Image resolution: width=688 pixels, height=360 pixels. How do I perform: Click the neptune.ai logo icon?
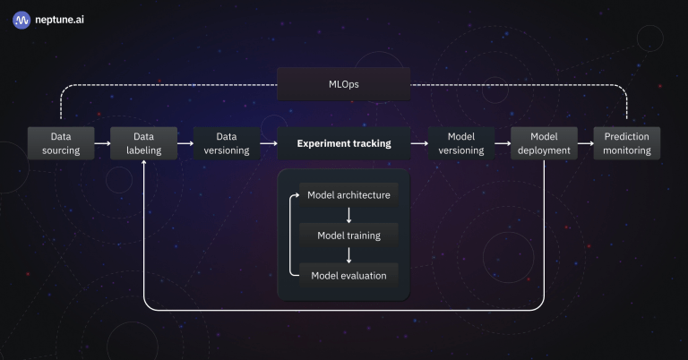21,18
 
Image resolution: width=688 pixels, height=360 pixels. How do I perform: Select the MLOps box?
343,84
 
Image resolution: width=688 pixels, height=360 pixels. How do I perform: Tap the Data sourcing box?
60,143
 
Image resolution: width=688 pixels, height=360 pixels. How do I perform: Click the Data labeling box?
143,143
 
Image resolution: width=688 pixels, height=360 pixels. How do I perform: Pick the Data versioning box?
227,143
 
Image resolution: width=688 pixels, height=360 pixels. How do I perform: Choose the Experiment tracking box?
343,143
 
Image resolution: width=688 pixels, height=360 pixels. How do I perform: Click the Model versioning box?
461,143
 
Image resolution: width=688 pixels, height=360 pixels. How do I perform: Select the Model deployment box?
544,143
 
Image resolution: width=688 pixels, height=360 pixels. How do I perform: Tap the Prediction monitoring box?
627,143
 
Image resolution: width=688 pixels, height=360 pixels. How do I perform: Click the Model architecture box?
348,195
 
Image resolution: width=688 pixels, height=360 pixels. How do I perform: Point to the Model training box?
348,236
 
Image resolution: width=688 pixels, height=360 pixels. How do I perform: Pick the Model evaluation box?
348,275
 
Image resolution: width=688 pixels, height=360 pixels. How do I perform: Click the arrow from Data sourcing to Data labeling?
101,143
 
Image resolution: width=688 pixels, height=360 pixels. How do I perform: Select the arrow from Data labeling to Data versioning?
185,143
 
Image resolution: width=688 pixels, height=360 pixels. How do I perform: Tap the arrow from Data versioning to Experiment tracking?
268,143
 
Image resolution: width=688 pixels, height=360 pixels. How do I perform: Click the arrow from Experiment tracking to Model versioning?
419,143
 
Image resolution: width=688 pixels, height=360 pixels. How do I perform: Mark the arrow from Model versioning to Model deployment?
502,143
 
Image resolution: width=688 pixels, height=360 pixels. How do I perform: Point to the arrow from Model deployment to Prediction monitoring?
585,143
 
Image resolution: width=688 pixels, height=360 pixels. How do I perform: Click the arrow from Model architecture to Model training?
348,216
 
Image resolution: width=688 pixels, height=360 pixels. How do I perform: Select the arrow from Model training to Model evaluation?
348,255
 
